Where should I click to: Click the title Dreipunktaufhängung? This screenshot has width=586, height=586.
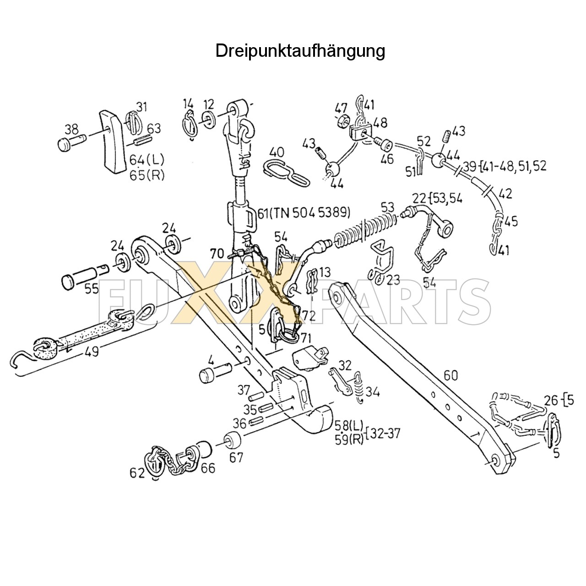coord(300,51)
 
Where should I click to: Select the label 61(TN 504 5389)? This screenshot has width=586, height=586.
coord(304,212)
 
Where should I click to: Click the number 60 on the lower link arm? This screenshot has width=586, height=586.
coord(450,375)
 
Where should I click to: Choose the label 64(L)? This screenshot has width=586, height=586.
coord(146,160)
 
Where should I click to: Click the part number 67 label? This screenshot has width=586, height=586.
coord(236,457)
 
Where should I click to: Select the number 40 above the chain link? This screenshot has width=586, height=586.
coord(277,152)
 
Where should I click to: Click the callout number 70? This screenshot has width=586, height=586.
coord(217,253)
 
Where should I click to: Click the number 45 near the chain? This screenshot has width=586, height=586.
coord(511,222)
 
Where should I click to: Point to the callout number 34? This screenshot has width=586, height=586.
coord(373,392)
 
